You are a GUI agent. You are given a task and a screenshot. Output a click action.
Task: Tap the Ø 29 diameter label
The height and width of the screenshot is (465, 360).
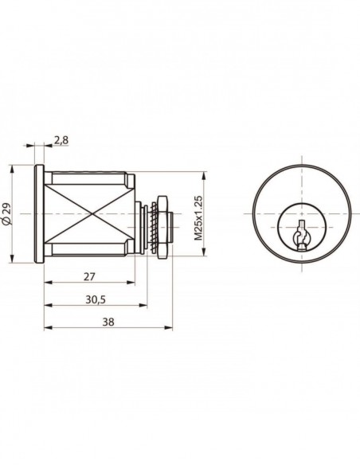7,213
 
